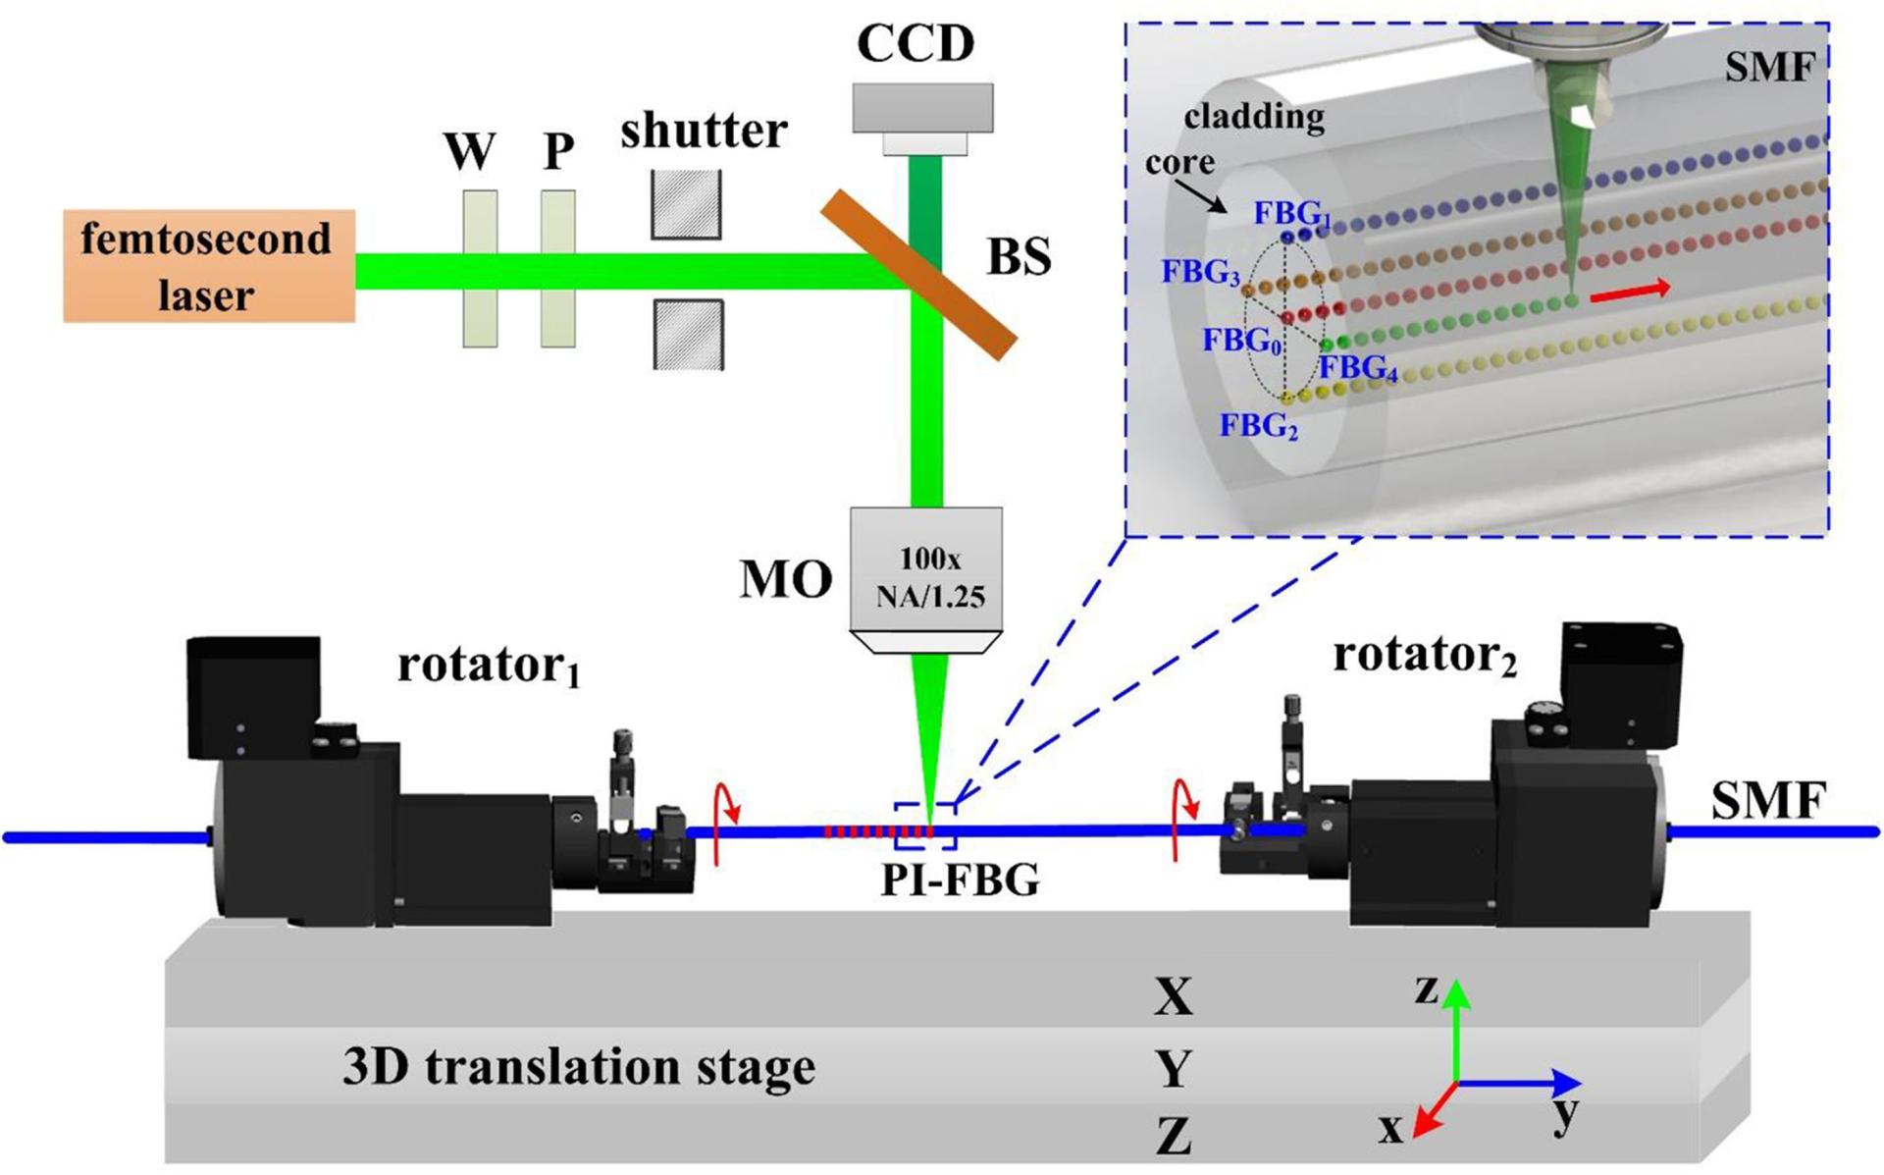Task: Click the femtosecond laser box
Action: (x=208, y=266)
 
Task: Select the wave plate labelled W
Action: (x=480, y=268)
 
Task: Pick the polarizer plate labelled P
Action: (x=557, y=268)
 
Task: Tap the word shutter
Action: (x=704, y=131)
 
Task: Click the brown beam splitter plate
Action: (x=917, y=274)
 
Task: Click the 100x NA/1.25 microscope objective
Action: (x=926, y=579)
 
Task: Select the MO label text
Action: (x=785, y=580)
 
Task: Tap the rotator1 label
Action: (x=488, y=667)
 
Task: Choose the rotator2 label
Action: (x=1424, y=655)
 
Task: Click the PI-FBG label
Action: (x=960, y=881)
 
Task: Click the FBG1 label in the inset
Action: (x=1291, y=214)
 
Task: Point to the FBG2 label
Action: (x=1259, y=426)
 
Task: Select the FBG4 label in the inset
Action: (x=1358, y=368)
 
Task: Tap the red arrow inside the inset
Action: (x=1630, y=291)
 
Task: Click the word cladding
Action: (x=1254, y=118)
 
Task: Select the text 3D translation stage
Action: (x=579, y=1067)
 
